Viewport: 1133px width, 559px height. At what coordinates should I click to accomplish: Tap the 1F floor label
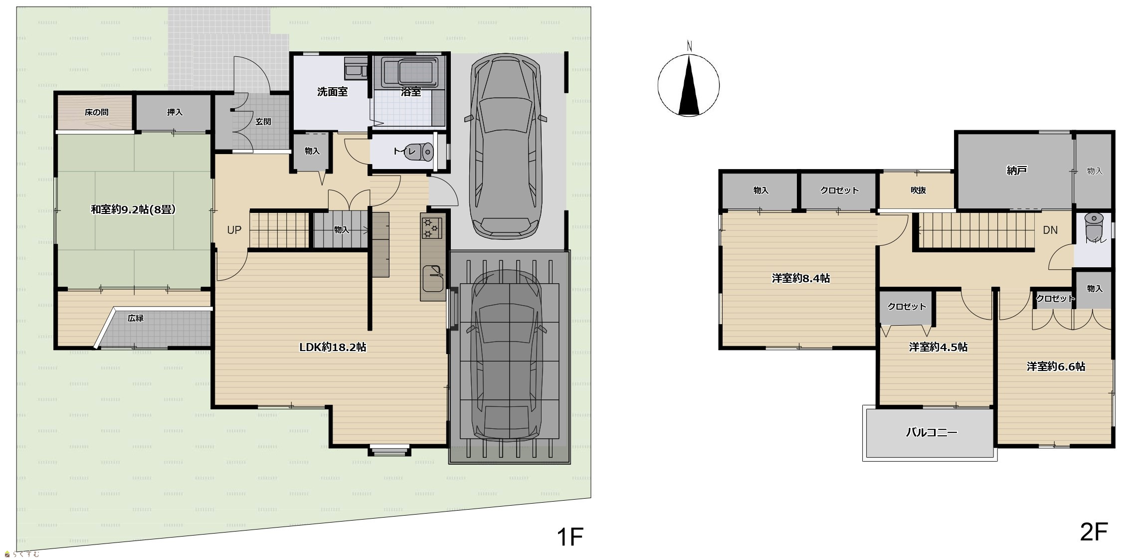coord(569,537)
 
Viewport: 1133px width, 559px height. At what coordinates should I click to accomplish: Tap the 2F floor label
coord(1094,532)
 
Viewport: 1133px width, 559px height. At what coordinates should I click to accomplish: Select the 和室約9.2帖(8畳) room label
coord(133,209)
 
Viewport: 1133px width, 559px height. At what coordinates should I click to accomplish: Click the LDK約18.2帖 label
coord(333,347)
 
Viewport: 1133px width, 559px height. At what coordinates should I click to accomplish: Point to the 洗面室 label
coord(333,92)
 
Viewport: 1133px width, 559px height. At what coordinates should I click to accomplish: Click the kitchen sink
coord(433,279)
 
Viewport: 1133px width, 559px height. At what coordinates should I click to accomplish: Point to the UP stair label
coord(234,230)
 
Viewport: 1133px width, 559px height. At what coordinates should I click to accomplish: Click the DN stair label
coord(1050,230)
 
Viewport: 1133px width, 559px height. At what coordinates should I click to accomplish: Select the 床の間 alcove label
coord(97,112)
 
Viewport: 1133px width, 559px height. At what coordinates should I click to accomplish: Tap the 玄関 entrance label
coord(263,122)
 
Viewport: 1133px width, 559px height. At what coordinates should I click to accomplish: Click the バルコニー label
coord(932,432)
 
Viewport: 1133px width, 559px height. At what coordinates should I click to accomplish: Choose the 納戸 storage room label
coord(1017,171)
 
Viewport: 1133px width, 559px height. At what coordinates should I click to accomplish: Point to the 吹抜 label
coord(918,190)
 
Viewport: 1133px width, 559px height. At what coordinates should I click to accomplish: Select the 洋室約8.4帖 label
coord(801,278)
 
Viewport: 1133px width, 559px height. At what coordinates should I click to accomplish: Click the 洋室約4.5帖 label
coord(938,347)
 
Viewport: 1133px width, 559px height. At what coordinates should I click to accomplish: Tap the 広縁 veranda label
coord(135,318)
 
